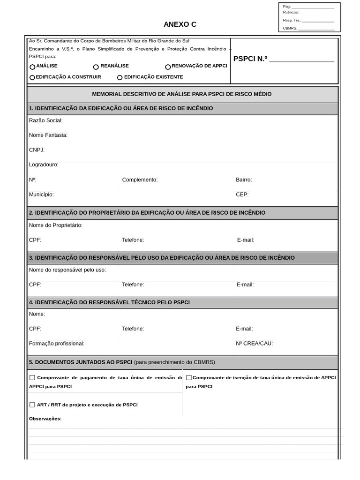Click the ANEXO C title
point(180,24)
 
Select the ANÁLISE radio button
point(32,67)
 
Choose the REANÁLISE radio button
point(96,67)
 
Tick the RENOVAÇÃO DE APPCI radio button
point(168,67)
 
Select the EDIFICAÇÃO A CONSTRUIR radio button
point(32,77)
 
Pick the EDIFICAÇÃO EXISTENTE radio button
point(120,77)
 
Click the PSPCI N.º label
point(250,59)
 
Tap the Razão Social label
point(45,120)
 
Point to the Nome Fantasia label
point(48,135)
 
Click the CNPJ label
point(37,150)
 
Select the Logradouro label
point(44,165)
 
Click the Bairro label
point(244,180)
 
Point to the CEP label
point(242,194)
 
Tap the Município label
point(41,194)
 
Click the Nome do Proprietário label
point(56,225)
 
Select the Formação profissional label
point(57,343)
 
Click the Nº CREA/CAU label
point(254,343)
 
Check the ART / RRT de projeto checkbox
point(32,405)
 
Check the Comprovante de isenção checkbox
point(189,377)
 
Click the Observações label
point(45,419)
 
